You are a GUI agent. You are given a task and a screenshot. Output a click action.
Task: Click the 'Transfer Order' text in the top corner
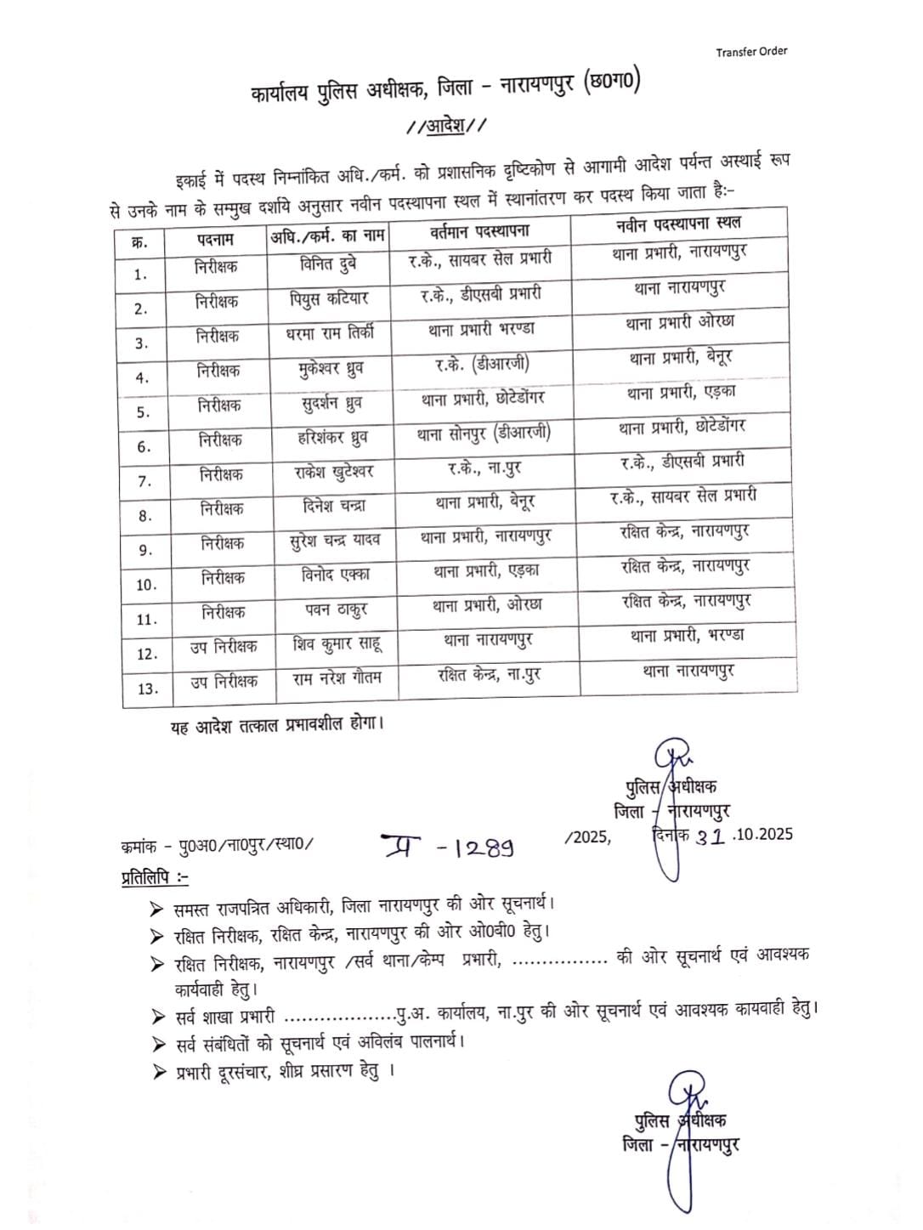click(751, 51)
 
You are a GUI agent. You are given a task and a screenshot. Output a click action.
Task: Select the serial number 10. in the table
click(146, 585)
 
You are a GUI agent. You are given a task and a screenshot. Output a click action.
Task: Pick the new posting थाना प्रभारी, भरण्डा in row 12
click(687, 635)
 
